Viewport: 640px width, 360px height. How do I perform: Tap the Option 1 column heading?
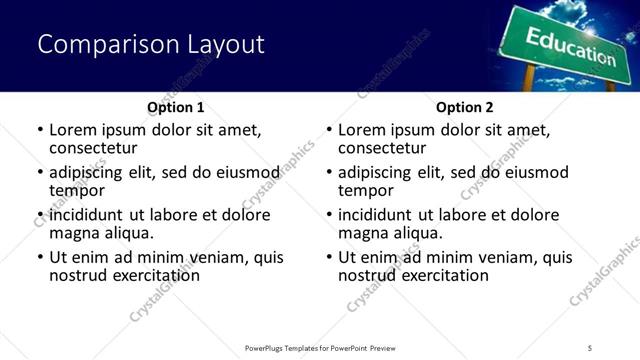pyautogui.click(x=176, y=107)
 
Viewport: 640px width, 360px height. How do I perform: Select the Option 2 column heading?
pyautogui.click(x=465, y=107)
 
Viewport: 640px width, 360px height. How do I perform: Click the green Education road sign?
pyautogui.click(x=570, y=46)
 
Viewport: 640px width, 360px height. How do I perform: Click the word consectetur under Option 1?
pyautogui.click(x=95, y=148)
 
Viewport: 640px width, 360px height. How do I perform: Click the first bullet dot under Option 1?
pyautogui.click(x=40, y=130)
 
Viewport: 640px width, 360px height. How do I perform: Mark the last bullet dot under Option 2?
pyautogui.click(x=329, y=257)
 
